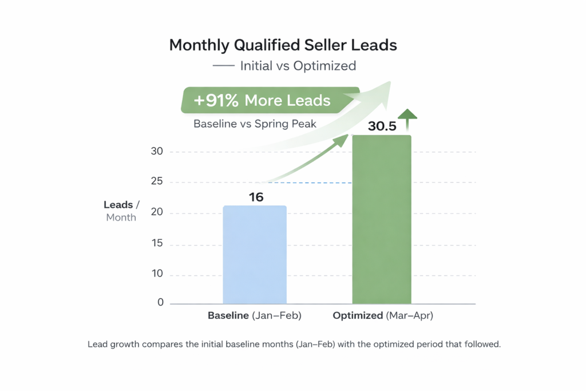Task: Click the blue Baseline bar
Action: tap(254, 254)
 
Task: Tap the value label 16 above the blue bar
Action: tap(256, 197)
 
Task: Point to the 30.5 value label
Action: tap(382, 127)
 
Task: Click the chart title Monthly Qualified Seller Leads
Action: tap(283, 45)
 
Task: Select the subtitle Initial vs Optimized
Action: tap(298, 66)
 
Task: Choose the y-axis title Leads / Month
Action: tap(120, 211)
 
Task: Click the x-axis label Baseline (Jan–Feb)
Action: tap(254, 315)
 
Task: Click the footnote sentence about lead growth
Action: tap(294, 345)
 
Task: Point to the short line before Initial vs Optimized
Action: tap(223, 66)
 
